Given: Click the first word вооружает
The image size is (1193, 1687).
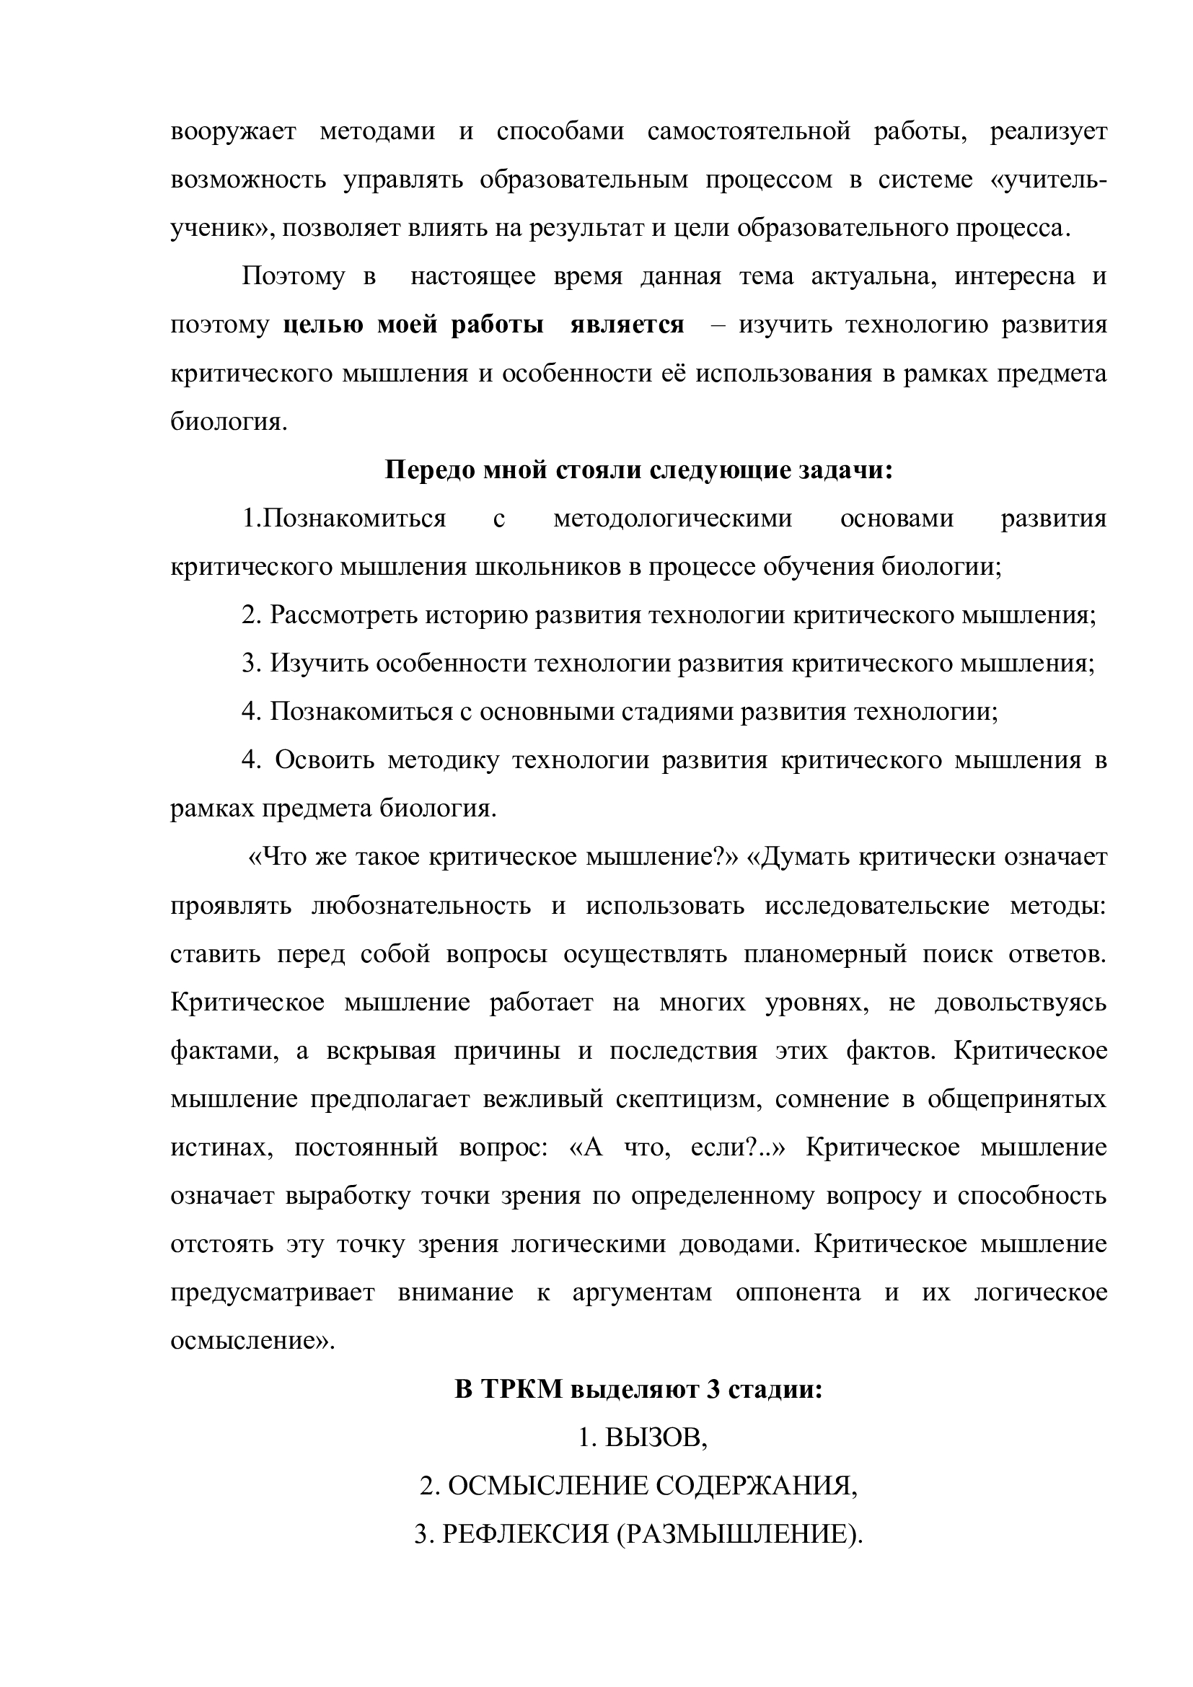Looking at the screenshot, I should [x=234, y=131].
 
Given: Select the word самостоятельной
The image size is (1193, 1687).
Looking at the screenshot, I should [x=749, y=131].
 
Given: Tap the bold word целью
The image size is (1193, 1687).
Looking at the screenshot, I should [x=322, y=325].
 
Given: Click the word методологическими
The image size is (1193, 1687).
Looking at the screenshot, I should [x=672, y=519].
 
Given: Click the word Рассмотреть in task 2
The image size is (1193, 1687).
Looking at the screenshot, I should [x=343, y=616].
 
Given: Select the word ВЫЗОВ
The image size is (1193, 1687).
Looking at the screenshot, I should [x=654, y=1439].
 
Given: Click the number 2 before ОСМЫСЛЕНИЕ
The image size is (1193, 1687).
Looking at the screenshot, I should [x=426, y=1487].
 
